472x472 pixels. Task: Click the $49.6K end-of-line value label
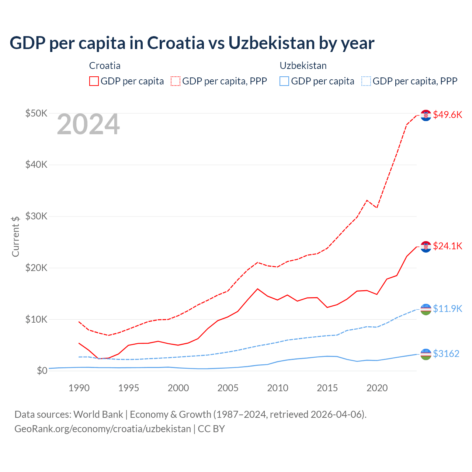[447, 115]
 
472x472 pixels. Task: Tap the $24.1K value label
[447, 246]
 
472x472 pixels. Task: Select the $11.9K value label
[447, 309]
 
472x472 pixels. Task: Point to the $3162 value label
[446, 354]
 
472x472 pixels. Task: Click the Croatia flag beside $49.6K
[426, 115]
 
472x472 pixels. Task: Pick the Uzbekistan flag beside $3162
[426, 354]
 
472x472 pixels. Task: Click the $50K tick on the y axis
[36, 113]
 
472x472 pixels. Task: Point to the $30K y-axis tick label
[36, 216]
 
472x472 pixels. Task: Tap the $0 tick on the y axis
[42, 371]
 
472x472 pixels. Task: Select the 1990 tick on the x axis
[79, 388]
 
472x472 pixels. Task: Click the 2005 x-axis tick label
[228, 388]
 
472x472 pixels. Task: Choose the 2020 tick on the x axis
[377, 388]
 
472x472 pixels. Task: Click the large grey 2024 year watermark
[88, 125]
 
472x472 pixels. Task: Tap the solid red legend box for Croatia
[94, 81]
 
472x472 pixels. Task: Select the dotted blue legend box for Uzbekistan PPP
[366, 81]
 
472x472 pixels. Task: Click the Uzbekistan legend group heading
[303, 66]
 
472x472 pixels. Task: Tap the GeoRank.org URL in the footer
[103, 429]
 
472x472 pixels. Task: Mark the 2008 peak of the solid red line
[257, 289]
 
